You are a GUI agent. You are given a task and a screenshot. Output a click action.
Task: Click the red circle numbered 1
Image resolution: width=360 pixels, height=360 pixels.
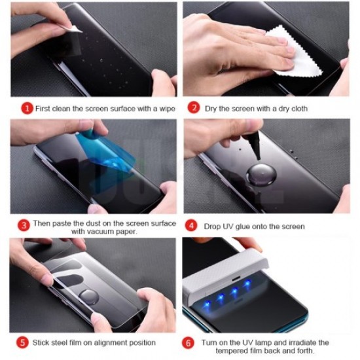[27, 108]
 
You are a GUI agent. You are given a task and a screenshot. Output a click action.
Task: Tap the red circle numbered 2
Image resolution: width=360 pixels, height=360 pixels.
[194, 108]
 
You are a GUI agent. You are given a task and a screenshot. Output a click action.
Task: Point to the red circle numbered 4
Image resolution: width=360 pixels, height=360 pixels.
[192, 226]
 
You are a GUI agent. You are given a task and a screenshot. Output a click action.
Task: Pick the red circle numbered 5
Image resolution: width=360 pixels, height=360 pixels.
[22, 342]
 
